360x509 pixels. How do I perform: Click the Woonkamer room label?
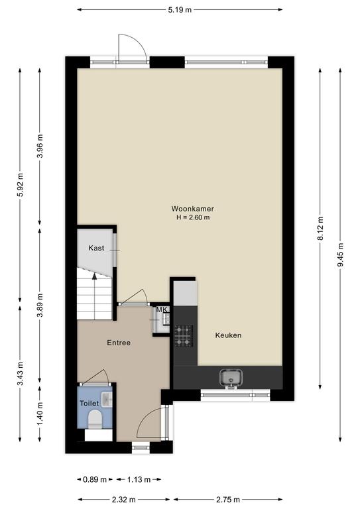(x=192, y=209)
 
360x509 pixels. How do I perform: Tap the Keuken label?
(x=228, y=335)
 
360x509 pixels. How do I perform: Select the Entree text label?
(x=119, y=343)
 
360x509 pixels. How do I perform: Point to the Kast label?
(x=96, y=248)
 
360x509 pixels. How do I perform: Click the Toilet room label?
(x=90, y=404)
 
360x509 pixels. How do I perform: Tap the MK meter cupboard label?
(x=162, y=310)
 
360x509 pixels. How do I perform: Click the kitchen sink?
(x=231, y=378)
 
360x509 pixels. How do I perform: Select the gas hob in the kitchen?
(x=184, y=335)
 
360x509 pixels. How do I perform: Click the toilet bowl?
(x=95, y=419)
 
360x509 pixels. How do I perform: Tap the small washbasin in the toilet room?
(x=107, y=399)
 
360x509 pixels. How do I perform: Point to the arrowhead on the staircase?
(x=94, y=276)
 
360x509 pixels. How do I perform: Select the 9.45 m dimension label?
(x=340, y=255)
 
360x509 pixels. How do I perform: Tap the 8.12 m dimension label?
(x=320, y=229)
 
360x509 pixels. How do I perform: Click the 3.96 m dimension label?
(x=40, y=146)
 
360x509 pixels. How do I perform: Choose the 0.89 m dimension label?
(x=95, y=479)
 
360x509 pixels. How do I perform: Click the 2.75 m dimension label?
(x=228, y=500)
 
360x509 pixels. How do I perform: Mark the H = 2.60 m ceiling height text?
(x=193, y=217)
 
